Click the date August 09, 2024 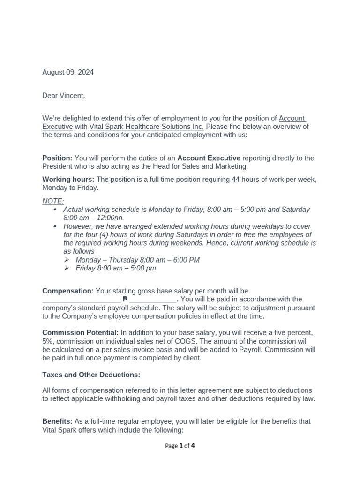click(x=68, y=72)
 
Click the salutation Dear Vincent click(x=64, y=96)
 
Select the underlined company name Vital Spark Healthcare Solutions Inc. click(x=146, y=127)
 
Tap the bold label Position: click(x=57, y=158)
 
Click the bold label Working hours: click(x=68, y=180)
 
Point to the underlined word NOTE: click(x=53, y=201)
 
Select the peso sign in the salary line click(x=125, y=300)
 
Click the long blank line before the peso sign click(x=82, y=300)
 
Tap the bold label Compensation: click(x=68, y=291)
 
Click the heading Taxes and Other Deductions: click(x=91, y=375)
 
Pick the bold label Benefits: click(x=57, y=421)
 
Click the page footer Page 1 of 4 click(x=180, y=446)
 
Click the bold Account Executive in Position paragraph click(x=209, y=158)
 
